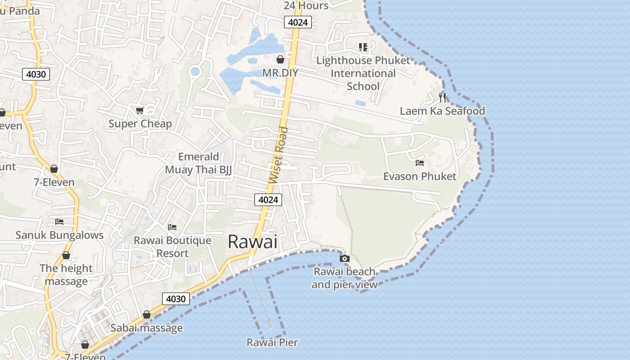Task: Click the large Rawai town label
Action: (252, 242)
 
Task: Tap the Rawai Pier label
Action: (272, 342)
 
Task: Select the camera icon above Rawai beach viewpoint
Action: (345, 258)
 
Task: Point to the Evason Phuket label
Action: (419, 176)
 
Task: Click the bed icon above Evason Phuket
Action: (420, 163)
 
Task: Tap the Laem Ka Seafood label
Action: (442, 111)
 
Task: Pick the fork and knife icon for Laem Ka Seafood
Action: (442, 97)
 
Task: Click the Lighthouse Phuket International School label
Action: (363, 73)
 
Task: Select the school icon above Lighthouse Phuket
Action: (363, 47)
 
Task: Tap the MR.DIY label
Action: (280, 72)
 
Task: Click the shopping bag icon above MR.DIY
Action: (280, 59)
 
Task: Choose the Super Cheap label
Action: (140, 124)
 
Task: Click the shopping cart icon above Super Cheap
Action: (140, 110)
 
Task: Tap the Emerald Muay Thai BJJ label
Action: (198, 163)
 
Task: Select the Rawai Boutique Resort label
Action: (172, 247)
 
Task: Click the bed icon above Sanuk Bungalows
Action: (59, 221)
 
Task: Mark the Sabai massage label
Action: (147, 328)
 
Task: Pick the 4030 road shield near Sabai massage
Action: (175, 299)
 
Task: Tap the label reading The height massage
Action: (66, 274)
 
